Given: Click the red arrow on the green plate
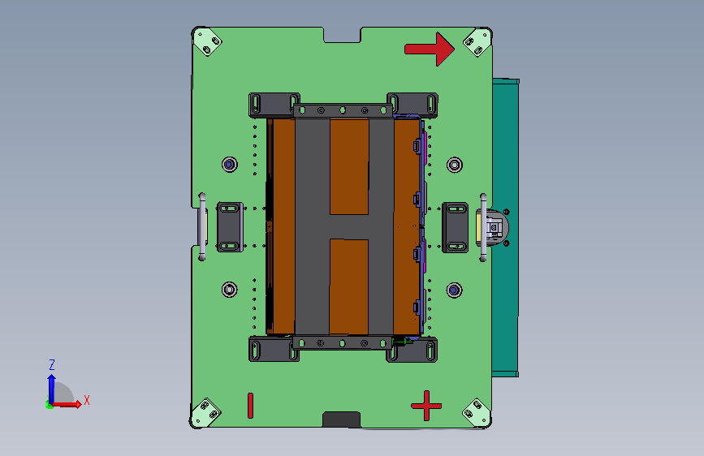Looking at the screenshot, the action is (430, 49).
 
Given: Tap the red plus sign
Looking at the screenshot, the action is (426, 406).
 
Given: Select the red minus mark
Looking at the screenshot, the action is (251, 406).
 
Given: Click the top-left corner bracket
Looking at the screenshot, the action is (207, 42).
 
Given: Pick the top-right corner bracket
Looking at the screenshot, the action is (477, 43).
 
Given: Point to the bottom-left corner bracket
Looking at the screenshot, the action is (206, 412).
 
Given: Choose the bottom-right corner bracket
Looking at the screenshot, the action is (477, 412).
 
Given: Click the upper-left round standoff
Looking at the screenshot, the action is (230, 164).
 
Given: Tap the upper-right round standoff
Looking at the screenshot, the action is (455, 165).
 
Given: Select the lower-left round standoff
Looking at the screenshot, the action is (230, 290).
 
